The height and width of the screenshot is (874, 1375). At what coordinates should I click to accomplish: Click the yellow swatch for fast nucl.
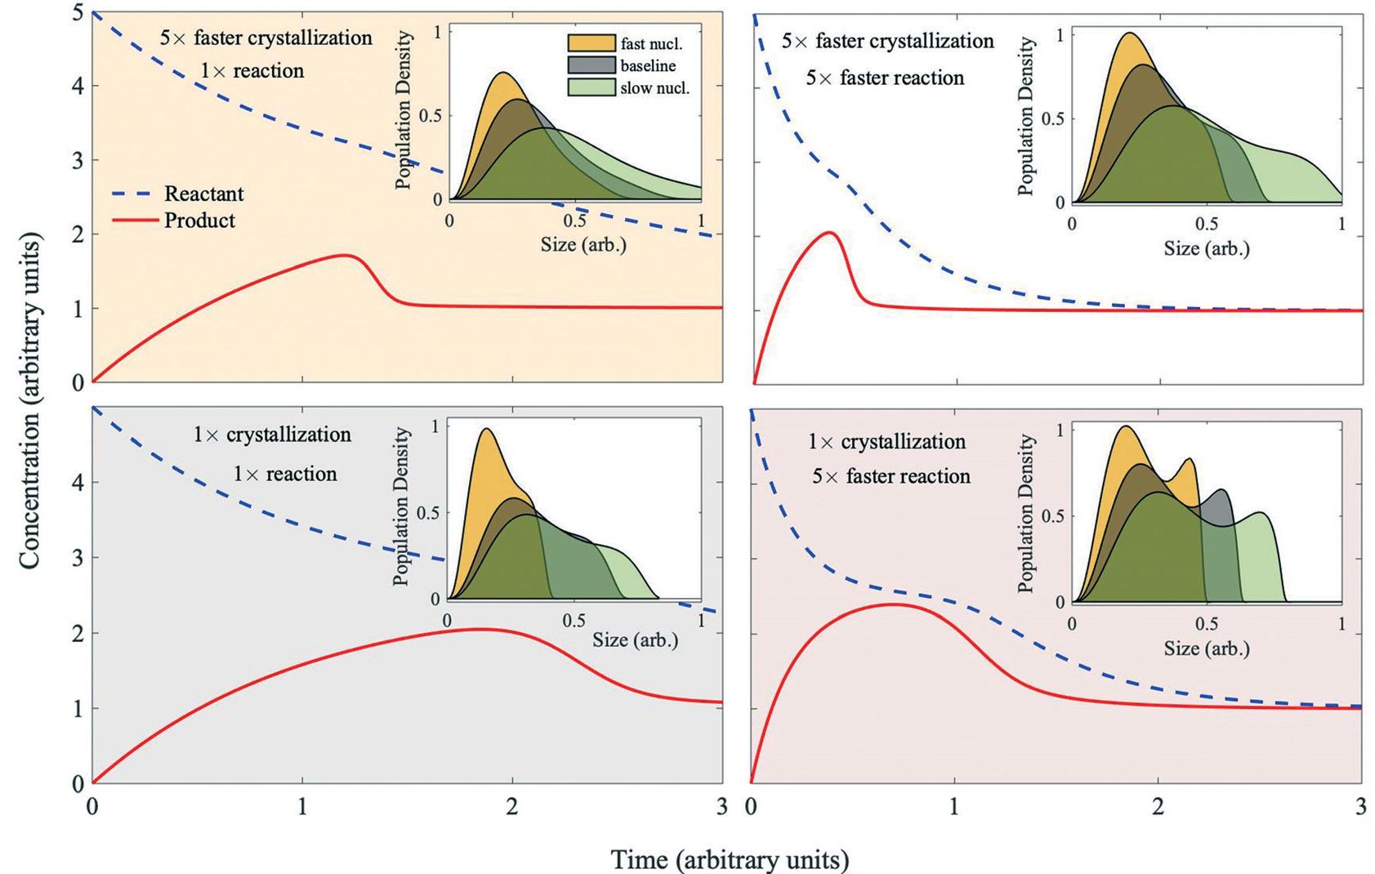(x=592, y=45)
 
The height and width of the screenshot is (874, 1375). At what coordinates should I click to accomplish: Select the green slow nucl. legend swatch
(x=592, y=87)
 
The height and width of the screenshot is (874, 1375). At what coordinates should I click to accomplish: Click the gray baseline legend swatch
(x=592, y=65)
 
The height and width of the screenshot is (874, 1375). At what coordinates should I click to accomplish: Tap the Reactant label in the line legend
(x=203, y=194)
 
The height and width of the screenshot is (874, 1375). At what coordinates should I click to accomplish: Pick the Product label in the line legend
(x=199, y=221)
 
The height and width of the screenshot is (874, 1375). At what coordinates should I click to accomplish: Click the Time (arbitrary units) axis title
(x=730, y=859)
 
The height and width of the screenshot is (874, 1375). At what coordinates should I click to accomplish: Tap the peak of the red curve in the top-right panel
(x=829, y=233)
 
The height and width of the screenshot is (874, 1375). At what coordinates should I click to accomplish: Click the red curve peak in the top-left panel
(x=347, y=256)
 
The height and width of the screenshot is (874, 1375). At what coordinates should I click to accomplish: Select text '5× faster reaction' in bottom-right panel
(x=891, y=476)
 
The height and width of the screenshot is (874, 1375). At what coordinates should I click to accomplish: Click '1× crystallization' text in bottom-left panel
(x=272, y=435)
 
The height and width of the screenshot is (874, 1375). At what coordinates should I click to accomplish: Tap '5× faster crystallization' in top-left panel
(x=266, y=38)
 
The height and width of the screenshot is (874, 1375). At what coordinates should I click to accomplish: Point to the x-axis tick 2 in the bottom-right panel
(x=1157, y=807)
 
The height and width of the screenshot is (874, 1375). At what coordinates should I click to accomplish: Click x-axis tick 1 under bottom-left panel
(x=302, y=807)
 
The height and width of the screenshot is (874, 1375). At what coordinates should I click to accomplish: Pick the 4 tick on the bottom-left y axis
(x=78, y=483)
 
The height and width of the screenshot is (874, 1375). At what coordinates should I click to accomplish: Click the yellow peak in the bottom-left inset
(x=486, y=430)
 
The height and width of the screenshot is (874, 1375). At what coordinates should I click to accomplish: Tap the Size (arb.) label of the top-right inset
(x=1206, y=247)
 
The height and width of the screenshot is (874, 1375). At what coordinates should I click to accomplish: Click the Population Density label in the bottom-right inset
(x=1027, y=512)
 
